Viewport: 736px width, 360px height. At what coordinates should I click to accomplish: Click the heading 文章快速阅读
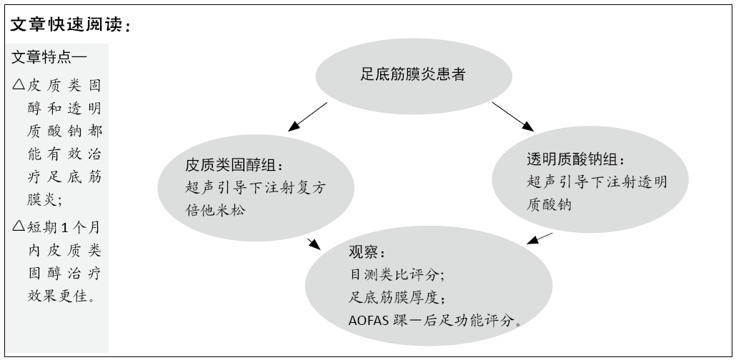point(69,24)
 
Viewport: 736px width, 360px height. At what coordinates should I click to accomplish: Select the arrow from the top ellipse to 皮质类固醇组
point(307,117)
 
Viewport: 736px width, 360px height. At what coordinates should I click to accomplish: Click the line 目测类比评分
point(396,274)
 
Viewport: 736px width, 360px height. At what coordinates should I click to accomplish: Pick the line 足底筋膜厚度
point(396,296)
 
